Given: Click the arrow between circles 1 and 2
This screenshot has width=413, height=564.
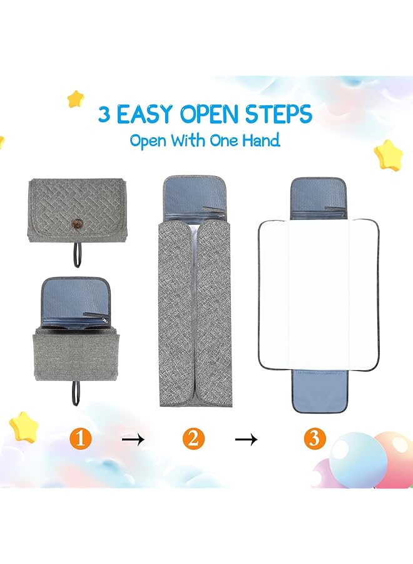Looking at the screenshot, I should [133, 440].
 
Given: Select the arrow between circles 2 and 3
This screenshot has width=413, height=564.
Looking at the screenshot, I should [246, 440].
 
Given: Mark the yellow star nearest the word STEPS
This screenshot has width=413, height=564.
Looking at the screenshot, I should [387, 153].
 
